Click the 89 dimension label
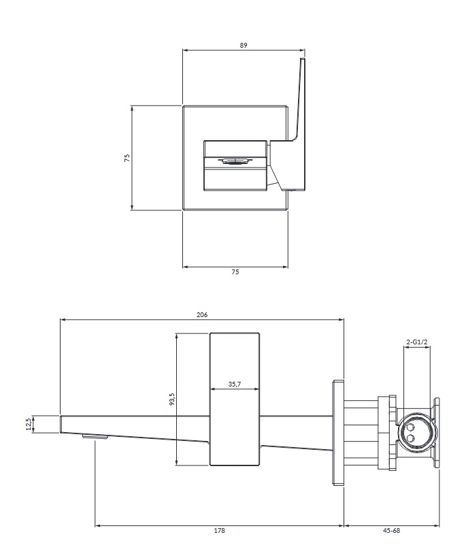pos(244,45)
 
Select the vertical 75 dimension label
pos(127,158)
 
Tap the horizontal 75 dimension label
pos(235,272)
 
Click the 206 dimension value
pos(201,314)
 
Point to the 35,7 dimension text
pos(235,384)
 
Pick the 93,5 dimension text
pos(172,399)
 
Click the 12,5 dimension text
pos(29,424)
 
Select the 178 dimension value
pos(220,530)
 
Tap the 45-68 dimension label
pos(391,530)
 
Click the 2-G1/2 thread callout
pos(417,342)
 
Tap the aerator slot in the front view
pos(235,161)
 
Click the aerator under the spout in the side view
pos(95,437)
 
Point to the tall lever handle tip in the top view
pos(302,59)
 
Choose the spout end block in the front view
pos(235,166)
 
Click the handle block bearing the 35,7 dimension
pos(235,399)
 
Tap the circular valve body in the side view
pos(415,433)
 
